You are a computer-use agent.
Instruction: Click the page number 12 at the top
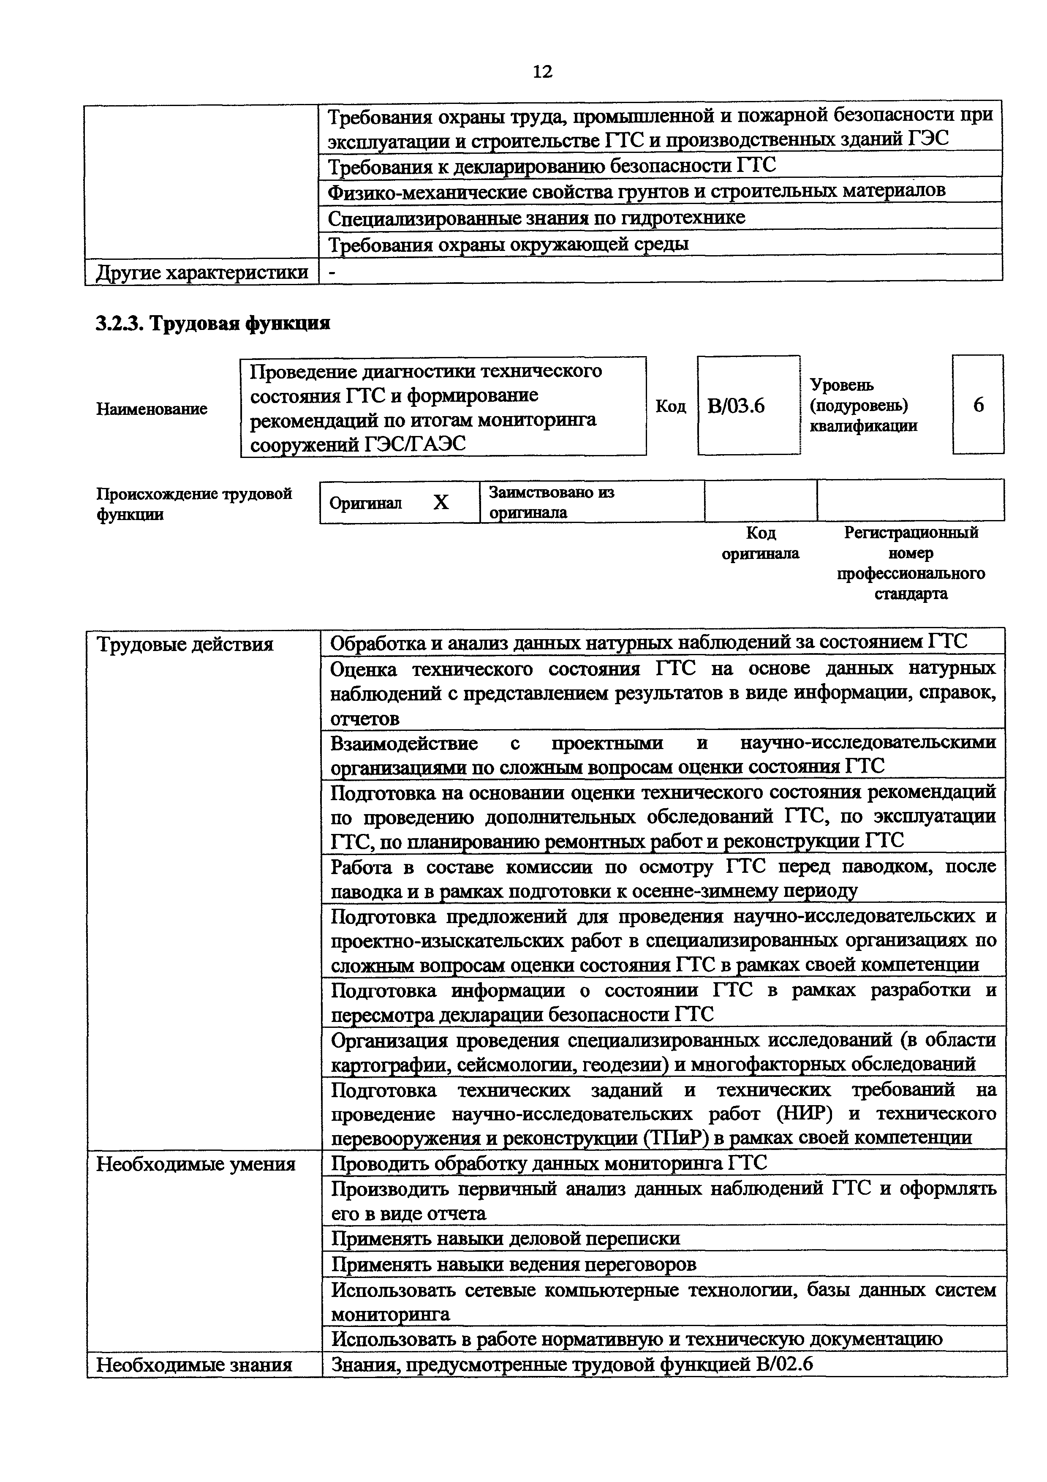pyautogui.click(x=543, y=71)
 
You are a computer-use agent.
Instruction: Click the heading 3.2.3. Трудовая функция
pyautogui.click(x=213, y=323)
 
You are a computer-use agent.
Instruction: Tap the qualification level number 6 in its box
pyautogui.click(x=978, y=406)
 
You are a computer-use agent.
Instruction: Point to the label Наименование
pyautogui.click(x=152, y=409)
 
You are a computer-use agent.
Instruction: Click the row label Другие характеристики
pyautogui.click(x=202, y=273)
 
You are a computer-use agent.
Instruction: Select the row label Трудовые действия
pyautogui.click(x=185, y=644)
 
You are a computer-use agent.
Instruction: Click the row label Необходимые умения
pyautogui.click(x=196, y=1164)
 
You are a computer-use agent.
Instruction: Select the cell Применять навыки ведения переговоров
pyautogui.click(x=514, y=1264)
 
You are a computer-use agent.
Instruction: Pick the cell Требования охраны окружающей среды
pyautogui.click(x=509, y=245)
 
